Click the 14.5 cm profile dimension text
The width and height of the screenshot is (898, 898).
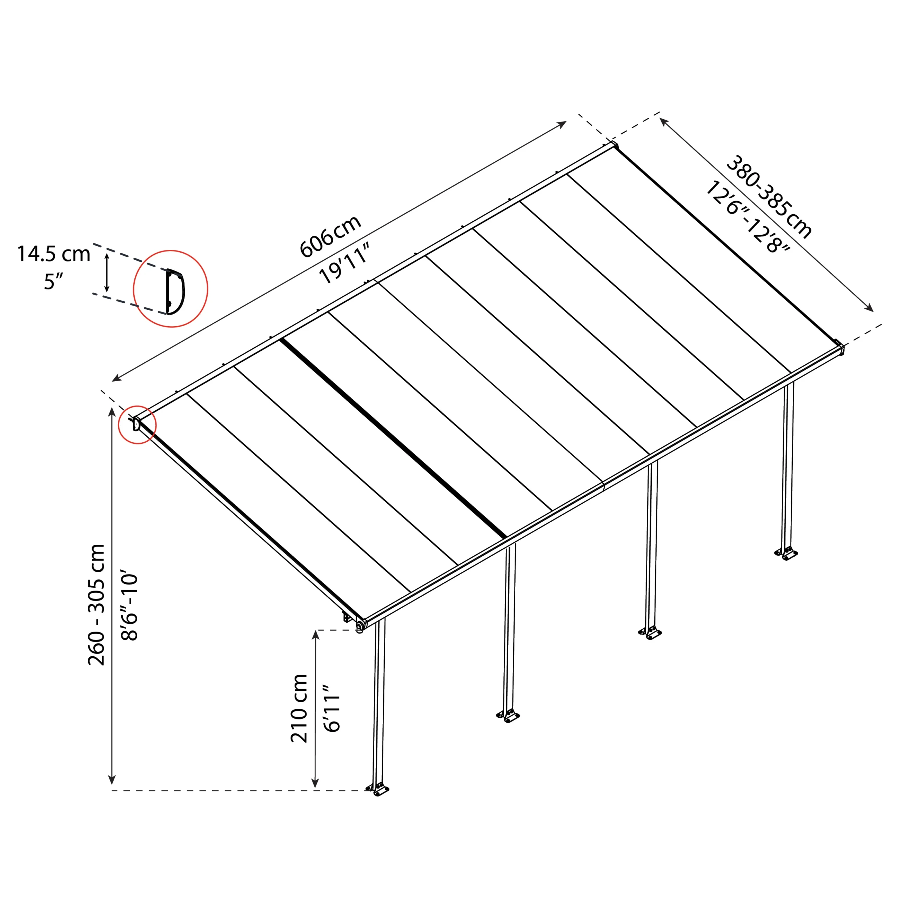point(53,254)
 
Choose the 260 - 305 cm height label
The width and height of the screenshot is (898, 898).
point(97,604)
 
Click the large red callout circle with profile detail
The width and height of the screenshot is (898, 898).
point(170,289)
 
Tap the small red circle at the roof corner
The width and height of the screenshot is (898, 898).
point(137,425)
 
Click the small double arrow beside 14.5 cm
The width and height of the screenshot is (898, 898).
point(107,273)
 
